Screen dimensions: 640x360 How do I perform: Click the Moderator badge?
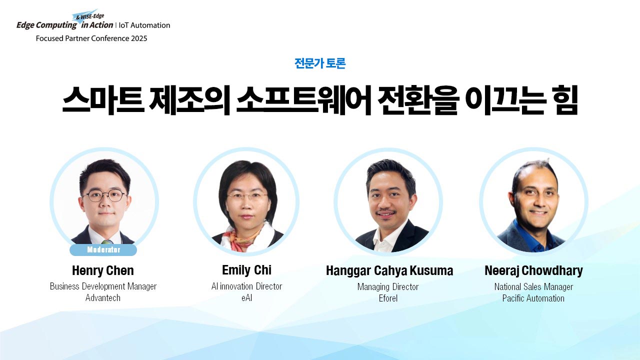[x=103, y=249]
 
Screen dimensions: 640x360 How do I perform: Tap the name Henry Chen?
[x=103, y=270]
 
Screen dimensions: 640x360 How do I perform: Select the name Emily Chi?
[x=246, y=270]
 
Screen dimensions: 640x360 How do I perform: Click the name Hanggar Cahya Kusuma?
[x=389, y=271]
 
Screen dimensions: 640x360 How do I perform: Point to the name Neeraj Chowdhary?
[x=533, y=271]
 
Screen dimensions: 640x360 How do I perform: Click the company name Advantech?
[x=103, y=298]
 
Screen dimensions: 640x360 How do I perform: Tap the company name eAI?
[x=246, y=298]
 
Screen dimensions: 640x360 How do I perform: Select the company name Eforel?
[x=388, y=298]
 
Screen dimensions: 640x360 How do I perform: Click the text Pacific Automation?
[x=533, y=298]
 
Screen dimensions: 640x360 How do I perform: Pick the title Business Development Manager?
[x=103, y=286]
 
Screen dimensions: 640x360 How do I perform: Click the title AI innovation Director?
[x=246, y=286]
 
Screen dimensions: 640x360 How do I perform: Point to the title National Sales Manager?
[x=533, y=287]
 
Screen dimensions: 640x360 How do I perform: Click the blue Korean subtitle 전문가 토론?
[x=320, y=63]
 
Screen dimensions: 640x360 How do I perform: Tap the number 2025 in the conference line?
[x=139, y=38]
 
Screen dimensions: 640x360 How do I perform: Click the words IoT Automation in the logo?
[x=144, y=25]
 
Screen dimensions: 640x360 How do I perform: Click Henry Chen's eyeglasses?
[x=105, y=195]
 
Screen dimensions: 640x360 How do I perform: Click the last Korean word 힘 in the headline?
[x=565, y=99]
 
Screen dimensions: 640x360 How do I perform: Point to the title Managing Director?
[x=388, y=287]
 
